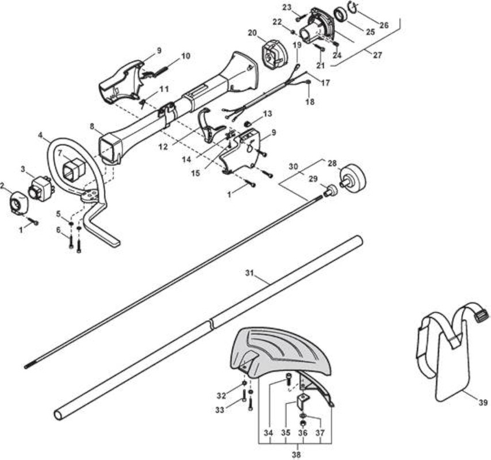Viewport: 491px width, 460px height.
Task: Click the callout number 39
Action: [x=482, y=402]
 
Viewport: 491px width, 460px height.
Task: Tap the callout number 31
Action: [x=250, y=273]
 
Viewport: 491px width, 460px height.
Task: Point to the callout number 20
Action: [x=252, y=33]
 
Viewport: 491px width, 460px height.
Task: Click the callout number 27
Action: [x=378, y=55]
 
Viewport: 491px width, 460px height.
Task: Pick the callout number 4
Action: [x=40, y=135]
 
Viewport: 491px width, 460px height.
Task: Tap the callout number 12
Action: [x=163, y=147]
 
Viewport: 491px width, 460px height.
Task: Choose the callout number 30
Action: [x=293, y=167]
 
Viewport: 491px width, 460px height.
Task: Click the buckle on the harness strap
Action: [x=481, y=314]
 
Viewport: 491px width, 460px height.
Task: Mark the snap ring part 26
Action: [x=353, y=6]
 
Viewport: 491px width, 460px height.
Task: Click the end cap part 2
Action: [x=18, y=202]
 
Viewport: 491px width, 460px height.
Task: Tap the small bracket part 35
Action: [x=303, y=401]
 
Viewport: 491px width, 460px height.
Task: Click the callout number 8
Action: [x=92, y=126]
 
